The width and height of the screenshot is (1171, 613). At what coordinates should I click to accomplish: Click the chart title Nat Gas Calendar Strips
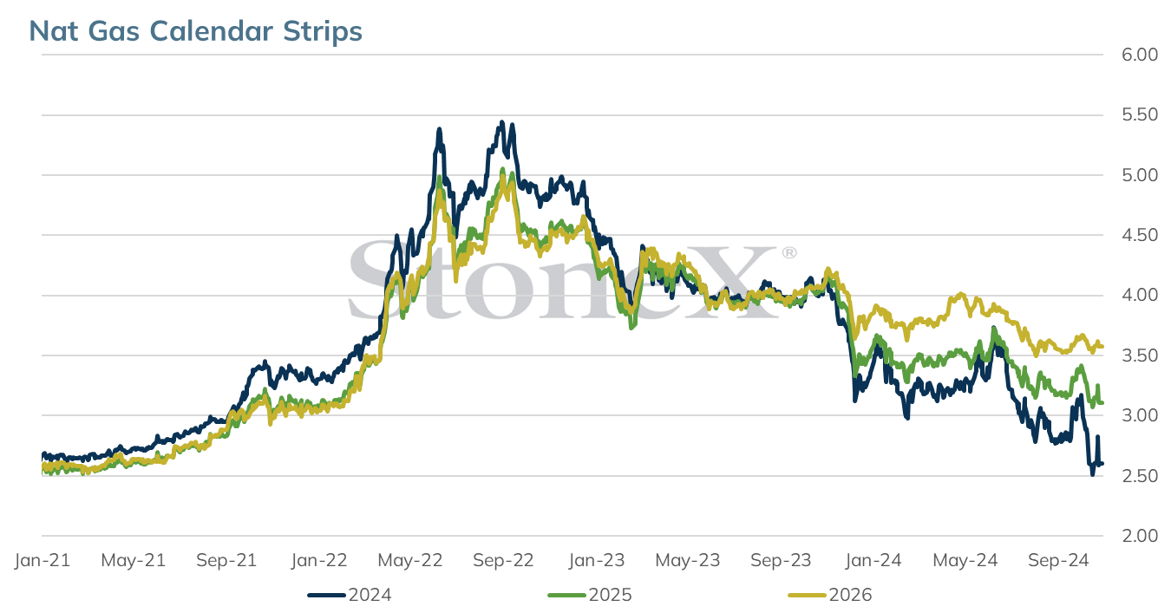pos(195,31)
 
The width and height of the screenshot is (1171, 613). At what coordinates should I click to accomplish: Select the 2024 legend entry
pos(350,595)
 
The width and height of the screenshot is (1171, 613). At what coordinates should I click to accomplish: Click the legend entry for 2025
pos(590,595)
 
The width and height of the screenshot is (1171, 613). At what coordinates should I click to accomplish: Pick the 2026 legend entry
pos(830,595)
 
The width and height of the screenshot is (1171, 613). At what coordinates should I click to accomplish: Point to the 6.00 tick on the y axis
pos(1140,55)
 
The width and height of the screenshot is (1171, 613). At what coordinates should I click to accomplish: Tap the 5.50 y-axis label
pos(1140,114)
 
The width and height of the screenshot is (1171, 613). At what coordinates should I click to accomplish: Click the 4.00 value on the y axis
pos(1140,295)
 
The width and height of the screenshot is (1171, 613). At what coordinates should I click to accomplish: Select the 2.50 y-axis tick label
pos(1140,475)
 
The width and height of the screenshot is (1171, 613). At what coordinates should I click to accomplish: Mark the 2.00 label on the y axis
pos(1140,536)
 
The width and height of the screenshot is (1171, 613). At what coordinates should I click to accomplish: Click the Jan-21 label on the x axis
pos(43,560)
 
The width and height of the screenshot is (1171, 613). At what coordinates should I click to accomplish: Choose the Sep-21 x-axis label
pos(226,560)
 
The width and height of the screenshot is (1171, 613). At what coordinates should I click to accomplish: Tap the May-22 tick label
pos(410,560)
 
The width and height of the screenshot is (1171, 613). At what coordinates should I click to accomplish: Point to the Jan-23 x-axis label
pos(597,560)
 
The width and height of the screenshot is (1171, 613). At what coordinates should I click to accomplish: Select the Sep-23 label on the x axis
pos(781,560)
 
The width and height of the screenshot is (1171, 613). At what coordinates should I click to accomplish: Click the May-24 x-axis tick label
pos(965,560)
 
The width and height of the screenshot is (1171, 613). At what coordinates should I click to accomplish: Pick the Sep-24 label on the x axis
pos(1058,560)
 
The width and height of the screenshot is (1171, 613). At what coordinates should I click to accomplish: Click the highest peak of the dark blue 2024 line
pos(502,121)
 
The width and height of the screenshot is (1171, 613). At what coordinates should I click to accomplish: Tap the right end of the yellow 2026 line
pos(1102,346)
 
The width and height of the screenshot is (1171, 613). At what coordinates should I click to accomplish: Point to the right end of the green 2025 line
pos(1102,402)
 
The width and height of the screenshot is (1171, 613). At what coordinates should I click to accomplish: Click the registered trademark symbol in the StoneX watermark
pos(789,253)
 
